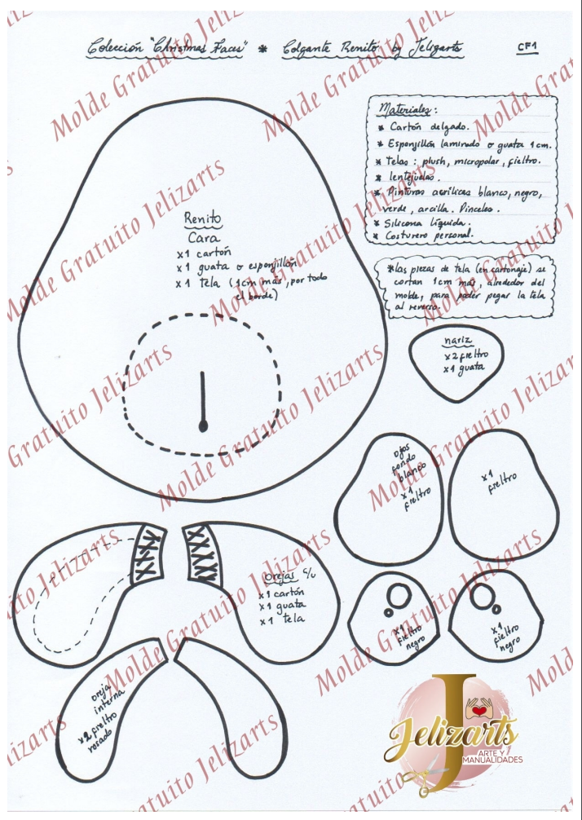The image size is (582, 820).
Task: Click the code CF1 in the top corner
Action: click(527, 47)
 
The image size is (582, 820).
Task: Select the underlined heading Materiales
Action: click(408, 109)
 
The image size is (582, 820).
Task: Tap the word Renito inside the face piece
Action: click(203, 218)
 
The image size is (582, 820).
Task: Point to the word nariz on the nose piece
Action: click(459, 341)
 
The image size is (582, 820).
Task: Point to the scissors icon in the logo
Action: click(425, 778)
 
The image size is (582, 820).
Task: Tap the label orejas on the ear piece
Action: click(280, 576)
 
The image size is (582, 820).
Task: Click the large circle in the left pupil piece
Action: click(400, 593)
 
